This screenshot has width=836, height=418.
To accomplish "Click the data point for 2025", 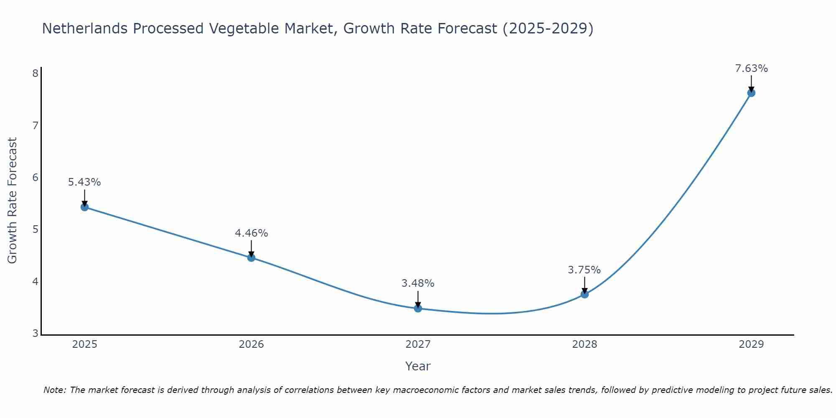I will coord(84,207).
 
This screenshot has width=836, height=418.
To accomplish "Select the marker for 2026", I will coord(251,257).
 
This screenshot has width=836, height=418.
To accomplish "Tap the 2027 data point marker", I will coord(418,308).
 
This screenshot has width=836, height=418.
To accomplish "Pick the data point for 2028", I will coord(585,294).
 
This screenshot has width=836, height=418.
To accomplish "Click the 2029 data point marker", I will coord(751,93).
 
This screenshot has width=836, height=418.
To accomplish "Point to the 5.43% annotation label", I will coord(84,182).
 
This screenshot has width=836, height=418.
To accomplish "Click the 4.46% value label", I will coord(251,233).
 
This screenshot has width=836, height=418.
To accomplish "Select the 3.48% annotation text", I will coord(418,283).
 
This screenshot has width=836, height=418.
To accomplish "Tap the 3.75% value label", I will coord(584,270).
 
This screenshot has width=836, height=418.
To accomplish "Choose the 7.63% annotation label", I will coord(751,69).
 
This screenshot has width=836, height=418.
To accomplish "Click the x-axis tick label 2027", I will coord(418,344).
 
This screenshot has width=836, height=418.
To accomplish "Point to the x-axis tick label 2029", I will coord(751,344).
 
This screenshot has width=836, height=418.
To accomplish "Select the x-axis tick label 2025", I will coord(84,344).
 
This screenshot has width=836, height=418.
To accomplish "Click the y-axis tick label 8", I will coord(35,74).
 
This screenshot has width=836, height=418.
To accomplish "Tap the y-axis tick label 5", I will coord(35,229).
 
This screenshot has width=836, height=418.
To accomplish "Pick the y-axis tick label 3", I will coord(35,334).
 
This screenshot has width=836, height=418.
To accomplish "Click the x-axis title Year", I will coord(418,367).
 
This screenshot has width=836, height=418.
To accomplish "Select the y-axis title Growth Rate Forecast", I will coord(13,201).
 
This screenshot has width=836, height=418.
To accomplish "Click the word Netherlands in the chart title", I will coord(85,28).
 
